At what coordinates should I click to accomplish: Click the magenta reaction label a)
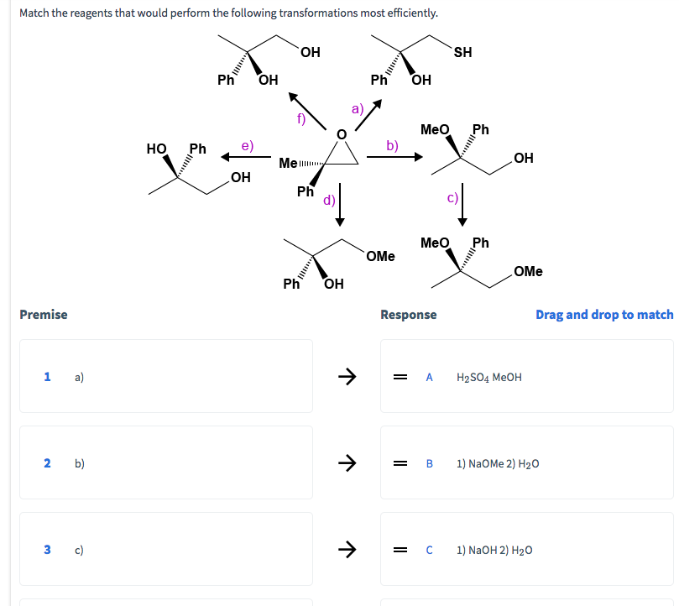[357, 108]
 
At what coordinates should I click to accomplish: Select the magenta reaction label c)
[452, 198]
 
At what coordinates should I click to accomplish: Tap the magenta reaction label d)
[329, 200]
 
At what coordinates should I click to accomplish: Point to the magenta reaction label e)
[248, 145]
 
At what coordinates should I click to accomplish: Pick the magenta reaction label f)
[300, 118]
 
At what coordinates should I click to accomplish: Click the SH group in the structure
[462, 52]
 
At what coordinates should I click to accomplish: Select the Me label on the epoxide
[288, 162]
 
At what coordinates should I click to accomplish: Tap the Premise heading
[44, 314]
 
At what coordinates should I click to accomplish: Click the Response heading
[408, 314]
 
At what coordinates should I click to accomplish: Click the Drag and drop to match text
[604, 314]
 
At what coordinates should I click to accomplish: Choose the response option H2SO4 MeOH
[488, 377]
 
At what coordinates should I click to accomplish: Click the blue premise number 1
[48, 377]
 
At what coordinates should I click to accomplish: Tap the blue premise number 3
[48, 550]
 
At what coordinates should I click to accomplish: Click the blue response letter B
[430, 463]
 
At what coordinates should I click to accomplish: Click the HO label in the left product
[156, 149]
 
